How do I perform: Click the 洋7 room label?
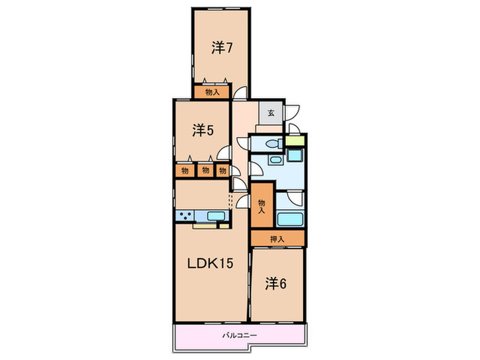(x=222, y=48)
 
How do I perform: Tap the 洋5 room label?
(x=203, y=131)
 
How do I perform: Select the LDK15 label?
(x=211, y=263)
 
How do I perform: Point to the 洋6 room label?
(x=276, y=284)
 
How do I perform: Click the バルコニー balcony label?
(x=239, y=335)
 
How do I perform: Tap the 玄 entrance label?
(x=271, y=112)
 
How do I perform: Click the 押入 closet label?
(x=277, y=239)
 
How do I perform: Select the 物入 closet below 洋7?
(x=212, y=92)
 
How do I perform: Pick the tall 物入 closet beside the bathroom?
(x=262, y=205)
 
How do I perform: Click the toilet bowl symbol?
(x=274, y=143)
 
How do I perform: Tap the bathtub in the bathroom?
(x=290, y=219)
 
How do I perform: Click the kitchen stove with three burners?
(x=185, y=215)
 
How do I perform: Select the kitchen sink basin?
(x=216, y=216)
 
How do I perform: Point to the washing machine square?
(x=295, y=155)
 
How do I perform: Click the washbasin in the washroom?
(x=275, y=160)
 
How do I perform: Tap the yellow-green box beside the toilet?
(x=295, y=141)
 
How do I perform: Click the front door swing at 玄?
(x=292, y=112)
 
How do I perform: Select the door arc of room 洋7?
(x=240, y=93)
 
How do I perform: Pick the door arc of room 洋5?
(x=224, y=152)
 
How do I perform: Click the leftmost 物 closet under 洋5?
(x=185, y=171)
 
